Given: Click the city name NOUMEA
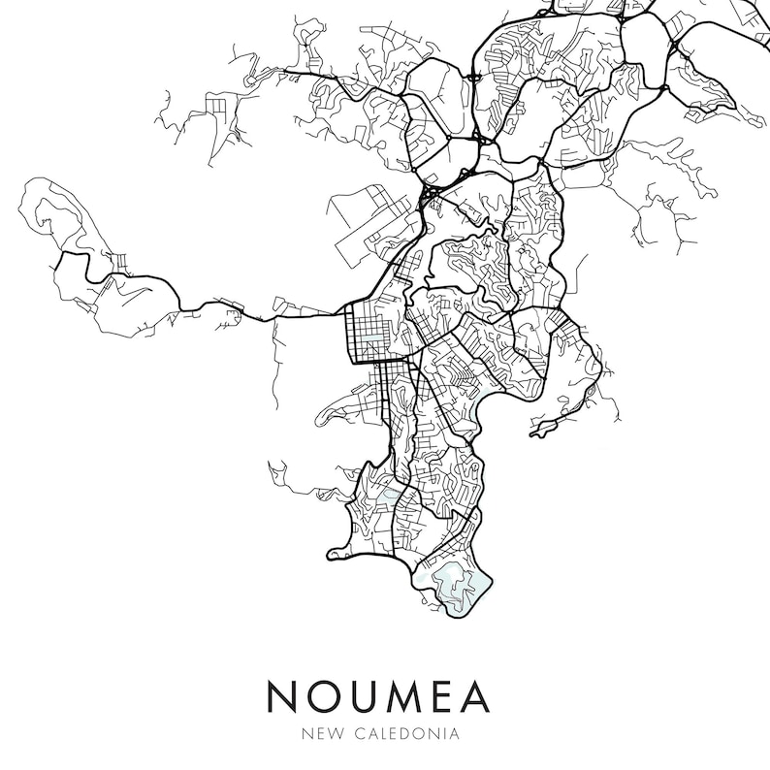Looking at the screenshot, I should click(x=378, y=697).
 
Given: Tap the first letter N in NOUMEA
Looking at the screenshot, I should click(x=284, y=697).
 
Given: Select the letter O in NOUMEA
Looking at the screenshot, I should click(x=325, y=697).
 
